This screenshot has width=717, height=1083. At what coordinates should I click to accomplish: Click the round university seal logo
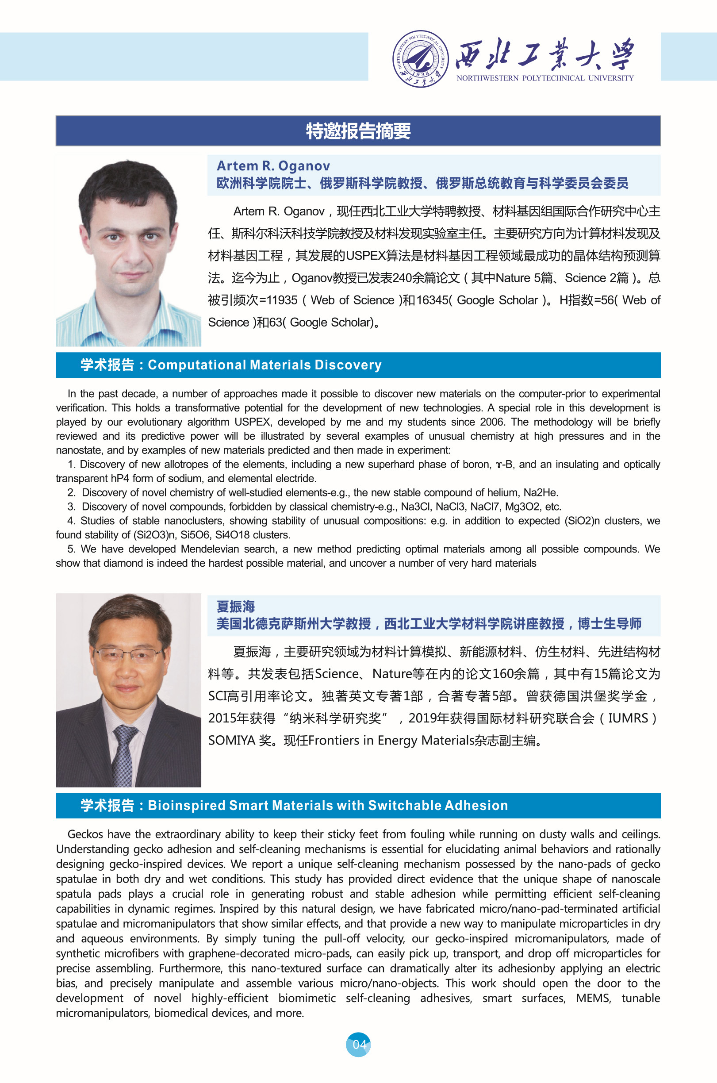pos(420,59)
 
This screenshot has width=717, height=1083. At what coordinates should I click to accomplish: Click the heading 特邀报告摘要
pos(358,131)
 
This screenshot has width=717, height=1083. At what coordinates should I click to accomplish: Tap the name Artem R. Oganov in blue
pos(273,166)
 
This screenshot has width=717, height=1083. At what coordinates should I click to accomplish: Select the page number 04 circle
pos(358,1045)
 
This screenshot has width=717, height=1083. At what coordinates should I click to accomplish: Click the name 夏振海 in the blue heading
pos(235,607)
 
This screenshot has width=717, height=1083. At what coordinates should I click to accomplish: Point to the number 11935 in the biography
pos(282,300)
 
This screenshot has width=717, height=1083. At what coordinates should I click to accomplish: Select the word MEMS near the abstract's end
pos(593,998)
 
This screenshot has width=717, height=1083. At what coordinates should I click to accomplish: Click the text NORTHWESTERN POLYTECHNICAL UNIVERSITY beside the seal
pos(545,78)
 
